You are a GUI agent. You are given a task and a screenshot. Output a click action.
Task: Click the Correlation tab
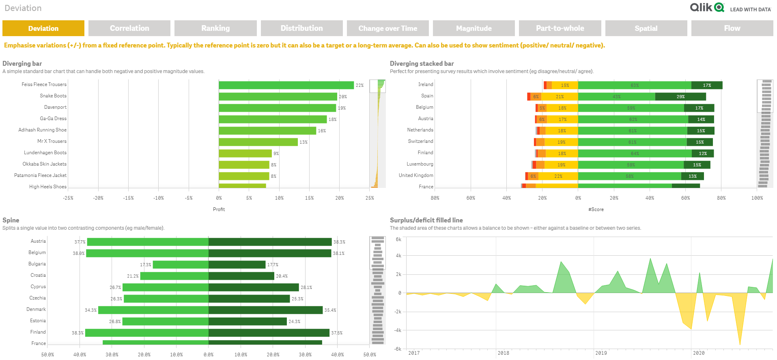click(x=129, y=28)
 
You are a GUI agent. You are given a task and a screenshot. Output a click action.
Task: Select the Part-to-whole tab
click(x=560, y=28)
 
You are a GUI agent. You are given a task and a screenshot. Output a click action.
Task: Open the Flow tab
click(x=732, y=28)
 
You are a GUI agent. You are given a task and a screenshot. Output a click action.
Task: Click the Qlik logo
click(x=707, y=8)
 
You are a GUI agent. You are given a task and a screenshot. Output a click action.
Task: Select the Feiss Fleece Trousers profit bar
click(x=286, y=85)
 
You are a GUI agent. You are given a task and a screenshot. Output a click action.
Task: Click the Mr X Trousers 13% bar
click(x=258, y=142)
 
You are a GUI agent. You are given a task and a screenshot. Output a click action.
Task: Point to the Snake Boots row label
click(x=53, y=96)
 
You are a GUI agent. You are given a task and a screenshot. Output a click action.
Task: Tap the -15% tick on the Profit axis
click(x=128, y=198)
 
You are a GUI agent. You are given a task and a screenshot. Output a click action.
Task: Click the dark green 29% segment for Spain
click(x=680, y=97)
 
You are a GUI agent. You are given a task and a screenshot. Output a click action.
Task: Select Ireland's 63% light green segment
click(x=635, y=85)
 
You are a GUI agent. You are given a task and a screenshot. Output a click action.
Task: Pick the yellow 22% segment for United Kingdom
click(x=558, y=176)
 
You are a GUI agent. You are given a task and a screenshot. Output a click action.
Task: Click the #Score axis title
click(x=596, y=209)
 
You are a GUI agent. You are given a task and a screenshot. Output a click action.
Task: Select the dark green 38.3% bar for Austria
click(x=270, y=242)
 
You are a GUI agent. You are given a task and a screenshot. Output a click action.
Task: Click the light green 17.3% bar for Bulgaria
click(x=181, y=265)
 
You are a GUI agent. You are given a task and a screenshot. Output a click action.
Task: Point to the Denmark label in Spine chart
click(x=36, y=309)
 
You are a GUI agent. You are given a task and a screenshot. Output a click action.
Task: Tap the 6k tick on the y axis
click(x=398, y=239)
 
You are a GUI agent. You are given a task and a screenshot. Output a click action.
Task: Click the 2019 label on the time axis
click(x=601, y=353)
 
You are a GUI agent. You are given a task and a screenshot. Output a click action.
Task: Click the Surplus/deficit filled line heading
click(x=426, y=220)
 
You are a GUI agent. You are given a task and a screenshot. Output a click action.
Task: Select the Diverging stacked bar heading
click(x=422, y=63)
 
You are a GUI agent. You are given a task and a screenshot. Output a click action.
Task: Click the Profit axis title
click(x=219, y=209)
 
